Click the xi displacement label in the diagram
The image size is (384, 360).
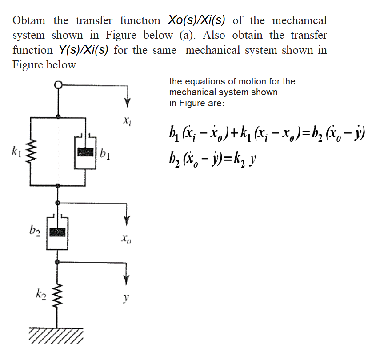(128, 121)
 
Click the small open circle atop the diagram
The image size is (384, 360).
(59, 84)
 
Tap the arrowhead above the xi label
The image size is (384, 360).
(128, 103)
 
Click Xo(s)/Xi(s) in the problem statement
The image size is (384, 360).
(196, 20)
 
